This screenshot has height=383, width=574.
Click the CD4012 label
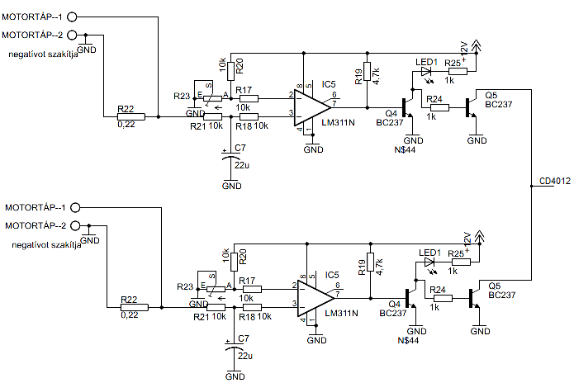(x=555, y=181)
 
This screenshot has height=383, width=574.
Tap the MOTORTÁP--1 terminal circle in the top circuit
(x=72, y=17)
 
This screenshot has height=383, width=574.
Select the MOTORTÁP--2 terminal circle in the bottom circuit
(x=75, y=225)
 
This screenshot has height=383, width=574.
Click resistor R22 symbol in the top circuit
(x=131, y=116)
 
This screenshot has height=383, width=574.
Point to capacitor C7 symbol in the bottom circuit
(x=235, y=346)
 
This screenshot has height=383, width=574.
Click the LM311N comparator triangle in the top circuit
(x=312, y=108)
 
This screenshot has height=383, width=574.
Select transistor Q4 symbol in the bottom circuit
(x=411, y=299)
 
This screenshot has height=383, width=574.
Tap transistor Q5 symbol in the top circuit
(x=472, y=108)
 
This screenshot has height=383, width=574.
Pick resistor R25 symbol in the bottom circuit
(x=461, y=262)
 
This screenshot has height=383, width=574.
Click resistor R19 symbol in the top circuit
(x=368, y=71)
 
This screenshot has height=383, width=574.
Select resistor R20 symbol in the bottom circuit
(x=234, y=262)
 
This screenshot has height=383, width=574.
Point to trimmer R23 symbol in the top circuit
(x=212, y=98)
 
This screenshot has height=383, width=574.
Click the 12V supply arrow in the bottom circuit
(x=479, y=237)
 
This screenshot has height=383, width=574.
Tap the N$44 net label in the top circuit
(x=405, y=149)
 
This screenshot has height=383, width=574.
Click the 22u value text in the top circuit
(x=242, y=165)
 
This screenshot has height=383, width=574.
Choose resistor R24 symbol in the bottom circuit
(x=443, y=299)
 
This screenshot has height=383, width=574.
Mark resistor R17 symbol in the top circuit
(x=249, y=98)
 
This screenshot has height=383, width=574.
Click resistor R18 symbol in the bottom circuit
(x=252, y=308)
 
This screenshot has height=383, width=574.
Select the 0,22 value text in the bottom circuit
(x=130, y=315)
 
